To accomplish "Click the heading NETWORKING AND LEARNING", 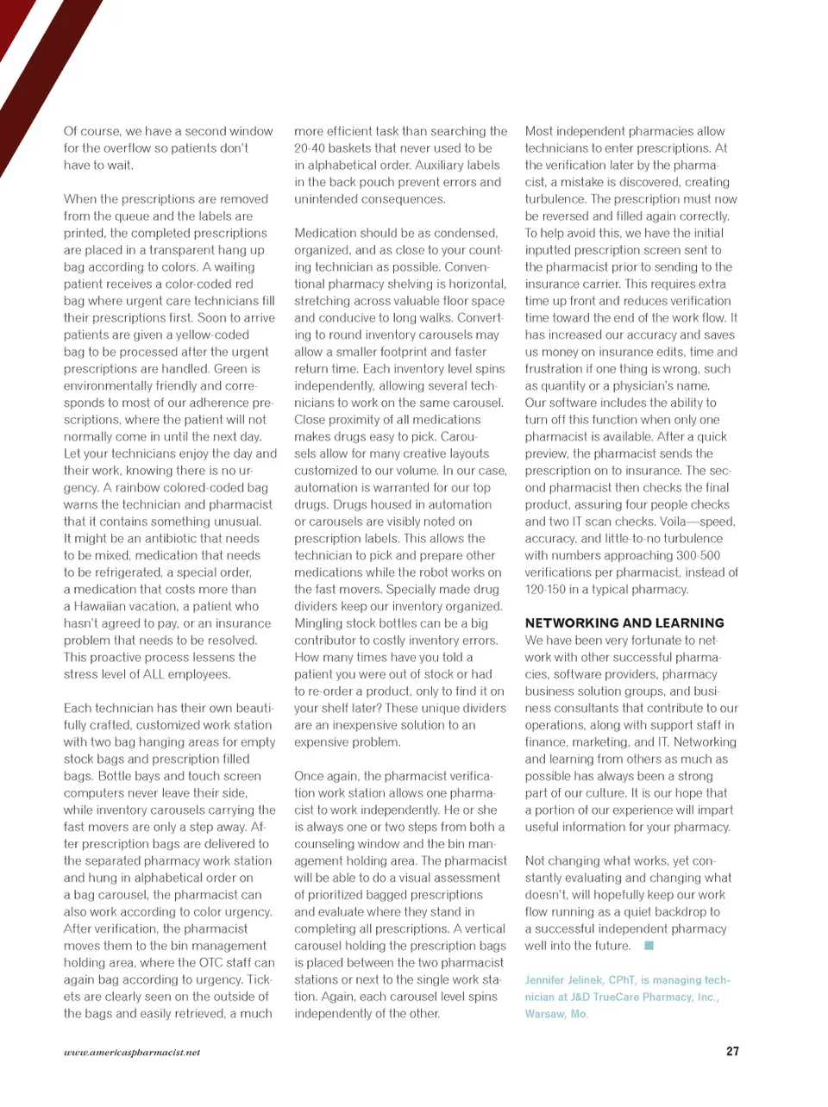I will pyautogui.click(x=624, y=622).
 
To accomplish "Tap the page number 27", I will pyautogui.click(x=732, y=1051).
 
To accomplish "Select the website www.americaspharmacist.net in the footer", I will pyautogui.click(x=132, y=1052).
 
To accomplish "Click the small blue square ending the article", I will pyautogui.click(x=649, y=946).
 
